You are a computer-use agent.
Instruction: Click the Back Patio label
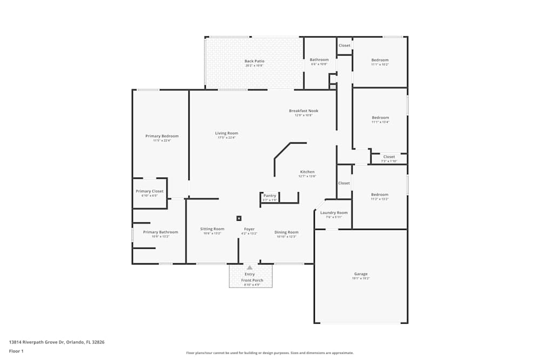tap(254, 61)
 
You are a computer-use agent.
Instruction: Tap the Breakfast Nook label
tap(303, 111)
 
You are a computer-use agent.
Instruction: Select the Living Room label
tap(226, 133)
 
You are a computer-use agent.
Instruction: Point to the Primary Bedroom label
tap(161, 136)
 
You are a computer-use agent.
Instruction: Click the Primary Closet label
tap(150, 191)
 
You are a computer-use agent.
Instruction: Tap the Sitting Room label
tap(212, 229)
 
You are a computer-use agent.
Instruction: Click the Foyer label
tap(249, 229)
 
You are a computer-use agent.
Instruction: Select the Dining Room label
tap(286, 232)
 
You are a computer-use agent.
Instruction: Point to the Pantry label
tap(269, 195)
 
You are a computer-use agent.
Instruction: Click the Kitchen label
tap(307, 172)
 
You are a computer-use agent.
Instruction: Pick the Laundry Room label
tap(334, 213)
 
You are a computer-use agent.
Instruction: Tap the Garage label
tap(361, 274)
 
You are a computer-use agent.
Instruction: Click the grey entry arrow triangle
tap(249, 267)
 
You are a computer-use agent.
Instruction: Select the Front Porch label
tap(252, 280)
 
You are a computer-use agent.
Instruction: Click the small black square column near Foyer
tap(239, 219)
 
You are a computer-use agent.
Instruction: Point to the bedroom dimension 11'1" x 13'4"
tap(380, 122)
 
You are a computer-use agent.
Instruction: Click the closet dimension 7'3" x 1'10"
tap(389, 161)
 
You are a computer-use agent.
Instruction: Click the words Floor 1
tap(16, 351)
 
